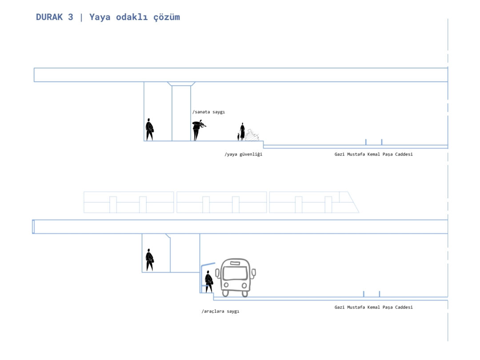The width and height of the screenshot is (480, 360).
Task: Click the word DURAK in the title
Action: pyautogui.click(x=49, y=17)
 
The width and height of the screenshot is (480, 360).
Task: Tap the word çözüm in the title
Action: pyautogui.click(x=167, y=17)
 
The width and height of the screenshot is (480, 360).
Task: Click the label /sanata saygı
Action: pyautogui.click(x=208, y=112)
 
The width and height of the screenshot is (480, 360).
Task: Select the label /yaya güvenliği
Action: pyautogui.click(x=244, y=154)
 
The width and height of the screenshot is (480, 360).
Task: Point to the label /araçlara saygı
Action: pyautogui.click(x=220, y=311)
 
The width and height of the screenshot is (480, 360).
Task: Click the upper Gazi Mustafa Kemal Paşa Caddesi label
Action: pyautogui.click(x=373, y=154)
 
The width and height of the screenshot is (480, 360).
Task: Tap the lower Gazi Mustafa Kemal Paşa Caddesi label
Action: pyautogui.click(x=373, y=308)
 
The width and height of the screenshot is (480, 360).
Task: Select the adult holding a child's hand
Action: pyautogui.click(x=243, y=132)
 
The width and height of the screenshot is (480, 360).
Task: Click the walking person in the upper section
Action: pyautogui.click(x=149, y=129)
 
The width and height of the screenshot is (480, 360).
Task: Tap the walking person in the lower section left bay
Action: pyautogui.click(x=150, y=260)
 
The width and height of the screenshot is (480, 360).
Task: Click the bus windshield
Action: pyautogui.click(x=235, y=273)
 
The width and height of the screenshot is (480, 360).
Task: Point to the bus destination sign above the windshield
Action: pyautogui.click(x=235, y=263)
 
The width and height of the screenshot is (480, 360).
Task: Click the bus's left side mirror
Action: pyautogui.click(x=218, y=273)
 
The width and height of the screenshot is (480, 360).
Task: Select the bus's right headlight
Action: pyautogui.click(x=244, y=286)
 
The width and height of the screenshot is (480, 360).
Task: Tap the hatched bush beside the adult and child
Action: pyautogui.click(x=252, y=135)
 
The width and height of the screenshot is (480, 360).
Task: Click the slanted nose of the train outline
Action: pyautogui.click(x=353, y=202)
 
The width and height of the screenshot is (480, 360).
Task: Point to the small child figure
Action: pyautogui.click(x=238, y=137)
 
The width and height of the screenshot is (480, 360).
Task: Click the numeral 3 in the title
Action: pyautogui.click(x=71, y=17)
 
